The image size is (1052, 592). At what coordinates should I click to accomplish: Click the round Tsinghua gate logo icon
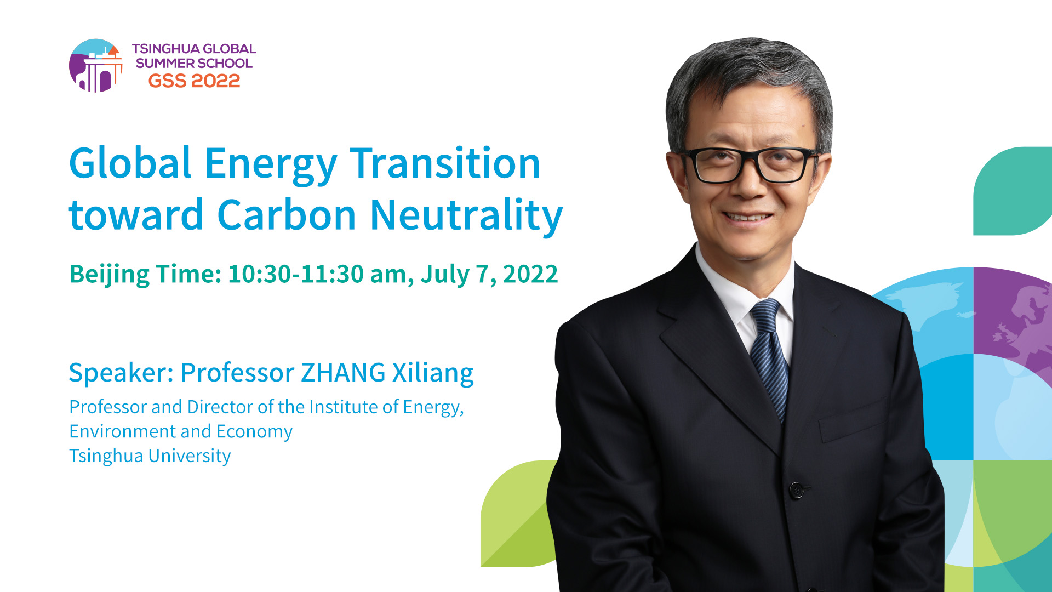pyautogui.click(x=96, y=65)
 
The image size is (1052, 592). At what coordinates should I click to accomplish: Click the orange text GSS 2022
pyautogui.click(x=194, y=81)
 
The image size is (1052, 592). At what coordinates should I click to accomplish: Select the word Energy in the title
pyautogui.click(x=271, y=164)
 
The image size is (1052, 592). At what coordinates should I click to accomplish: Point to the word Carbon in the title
pyautogui.click(x=287, y=214)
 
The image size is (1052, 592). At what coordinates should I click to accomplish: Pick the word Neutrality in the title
pyautogui.click(x=467, y=216)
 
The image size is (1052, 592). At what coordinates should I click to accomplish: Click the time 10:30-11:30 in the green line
pyautogui.click(x=296, y=274)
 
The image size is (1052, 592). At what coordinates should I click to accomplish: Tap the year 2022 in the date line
pyautogui.click(x=530, y=274)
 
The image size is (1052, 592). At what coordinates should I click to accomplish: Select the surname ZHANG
pyautogui.click(x=344, y=373)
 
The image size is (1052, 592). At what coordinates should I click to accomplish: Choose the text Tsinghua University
pyautogui.click(x=150, y=456)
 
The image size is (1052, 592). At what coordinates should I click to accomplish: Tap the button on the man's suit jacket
pyautogui.click(x=797, y=489)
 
